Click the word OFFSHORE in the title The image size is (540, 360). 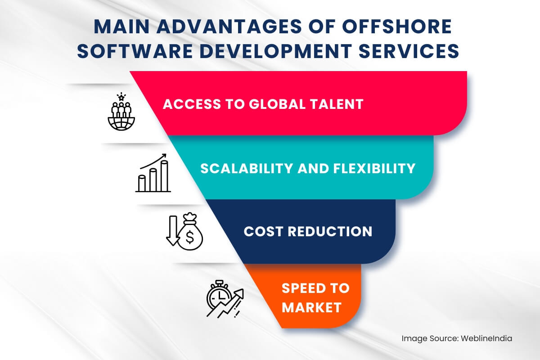tap(397, 26)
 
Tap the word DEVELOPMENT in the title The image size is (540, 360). tap(276, 51)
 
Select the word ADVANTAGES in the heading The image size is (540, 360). tap(229, 26)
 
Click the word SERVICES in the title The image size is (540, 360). tap(409, 51)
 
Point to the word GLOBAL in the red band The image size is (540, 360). tap(277, 104)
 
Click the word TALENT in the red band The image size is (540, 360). tap(337, 104)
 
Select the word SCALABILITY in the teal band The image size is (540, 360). tap(247, 168)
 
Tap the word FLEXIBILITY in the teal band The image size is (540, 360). tap(374, 168)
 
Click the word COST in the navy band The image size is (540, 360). tap(263, 231)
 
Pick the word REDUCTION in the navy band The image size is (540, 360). tap(330, 231)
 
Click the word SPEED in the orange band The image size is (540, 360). tap(301, 288)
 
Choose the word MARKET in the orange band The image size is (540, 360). tap(312, 307)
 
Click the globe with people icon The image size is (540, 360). tap(121, 112)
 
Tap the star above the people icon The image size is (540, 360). tap(121, 97)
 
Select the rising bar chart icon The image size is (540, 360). tap(153, 173)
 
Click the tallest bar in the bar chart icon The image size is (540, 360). tap(164, 176)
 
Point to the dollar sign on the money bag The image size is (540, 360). tap(190, 237)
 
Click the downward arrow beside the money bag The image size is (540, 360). tap(173, 231)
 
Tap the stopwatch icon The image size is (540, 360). tap(219, 295)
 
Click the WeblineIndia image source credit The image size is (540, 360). tap(457, 338)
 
